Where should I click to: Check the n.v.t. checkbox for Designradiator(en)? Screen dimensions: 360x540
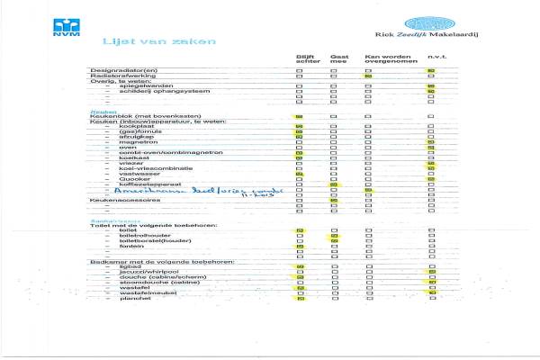(x=431, y=70)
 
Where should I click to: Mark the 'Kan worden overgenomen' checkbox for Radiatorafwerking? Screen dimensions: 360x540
(x=368, y=76)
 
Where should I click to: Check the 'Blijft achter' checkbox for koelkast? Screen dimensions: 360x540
(x=300, y=160)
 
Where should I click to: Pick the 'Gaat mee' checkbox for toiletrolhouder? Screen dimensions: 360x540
(x=334, y=236)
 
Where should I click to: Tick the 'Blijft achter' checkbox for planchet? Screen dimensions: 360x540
(x=300, y=299)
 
